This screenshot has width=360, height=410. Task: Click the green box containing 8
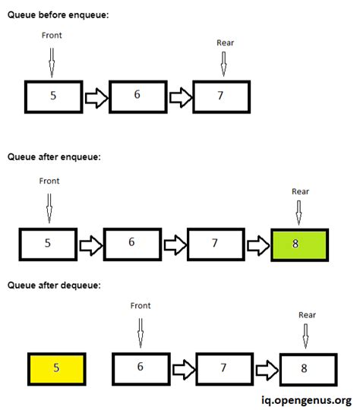299,244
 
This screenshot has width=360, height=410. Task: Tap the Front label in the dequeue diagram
141,306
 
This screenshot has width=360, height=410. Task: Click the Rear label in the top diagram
226,43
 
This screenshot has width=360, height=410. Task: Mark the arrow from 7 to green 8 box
257,244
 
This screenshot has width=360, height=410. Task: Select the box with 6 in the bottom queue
141,368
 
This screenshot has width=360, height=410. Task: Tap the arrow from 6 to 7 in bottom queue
182,369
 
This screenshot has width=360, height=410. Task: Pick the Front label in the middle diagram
49,181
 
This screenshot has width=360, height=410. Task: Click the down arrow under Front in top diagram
52,61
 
